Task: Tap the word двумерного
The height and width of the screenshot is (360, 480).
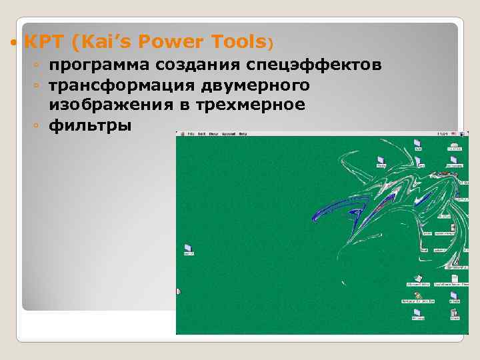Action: click(x=257, y=85)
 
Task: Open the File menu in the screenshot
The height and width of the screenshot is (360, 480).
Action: click(x=191, y=134)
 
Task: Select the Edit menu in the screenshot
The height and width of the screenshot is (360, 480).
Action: click(x=201, y=134)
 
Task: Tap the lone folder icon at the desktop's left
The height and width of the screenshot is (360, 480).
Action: click(x=188, y=247)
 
